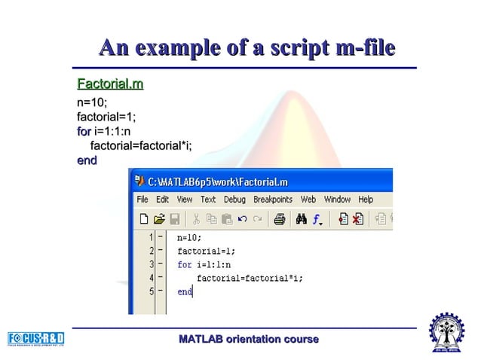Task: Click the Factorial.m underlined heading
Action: click(x=110, y=82)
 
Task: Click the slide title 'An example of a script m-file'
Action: click(x=247, y=48)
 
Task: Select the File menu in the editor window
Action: click(x=142, y=200)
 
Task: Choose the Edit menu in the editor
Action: click(x=162, y=200)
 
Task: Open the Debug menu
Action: click(x=234, y=200)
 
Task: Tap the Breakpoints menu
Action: click(x=272, y=200)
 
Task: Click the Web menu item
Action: click(x=308, y=200)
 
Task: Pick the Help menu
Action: click(x=366, y=200)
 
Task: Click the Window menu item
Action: click(x=337, y=200)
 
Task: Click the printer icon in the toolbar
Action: click(x=279, y=219)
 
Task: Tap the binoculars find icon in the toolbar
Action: click(x=301, y=219)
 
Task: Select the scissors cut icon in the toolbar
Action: click(x=195, y=219)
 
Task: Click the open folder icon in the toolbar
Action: click(x=159, y=219)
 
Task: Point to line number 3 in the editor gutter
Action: click(x=152, y=264)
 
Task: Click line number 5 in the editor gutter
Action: click(x=152, y=291)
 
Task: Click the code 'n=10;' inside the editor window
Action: click(x=189, y=238)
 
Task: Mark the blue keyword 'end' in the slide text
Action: click(x=87, y=160)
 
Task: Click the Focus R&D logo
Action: click(x=36, y=337)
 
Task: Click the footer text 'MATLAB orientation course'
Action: click(x=248, y=340)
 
